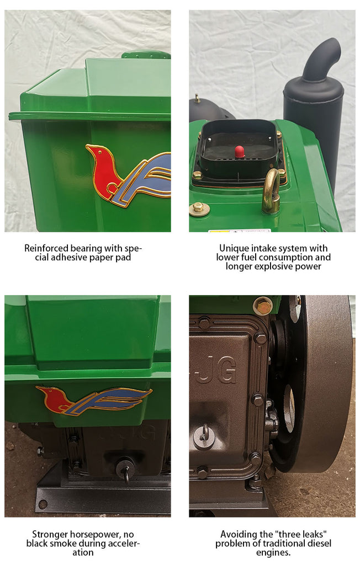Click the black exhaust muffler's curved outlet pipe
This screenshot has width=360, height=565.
321,57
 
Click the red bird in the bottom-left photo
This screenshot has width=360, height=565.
54,399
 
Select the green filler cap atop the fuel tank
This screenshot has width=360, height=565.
146,55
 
